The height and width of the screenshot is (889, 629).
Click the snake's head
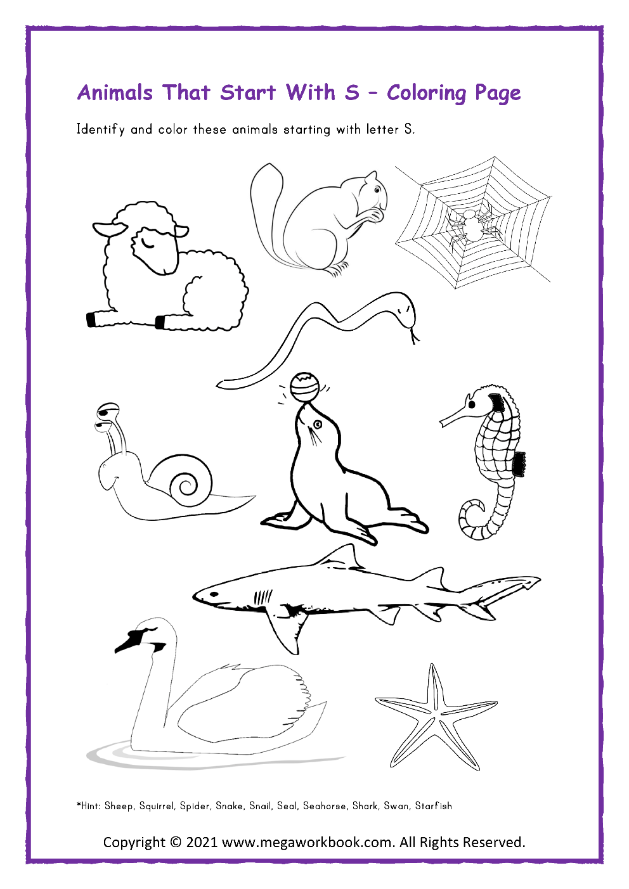click(x=403, y=310)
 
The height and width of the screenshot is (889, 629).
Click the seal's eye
click(x=318, y=424)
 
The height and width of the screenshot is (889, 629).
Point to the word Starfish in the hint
click(x=434, y=806)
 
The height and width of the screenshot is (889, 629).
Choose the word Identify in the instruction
click(x=100, y=130)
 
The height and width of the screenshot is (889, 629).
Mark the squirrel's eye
click(x=378, y=189)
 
